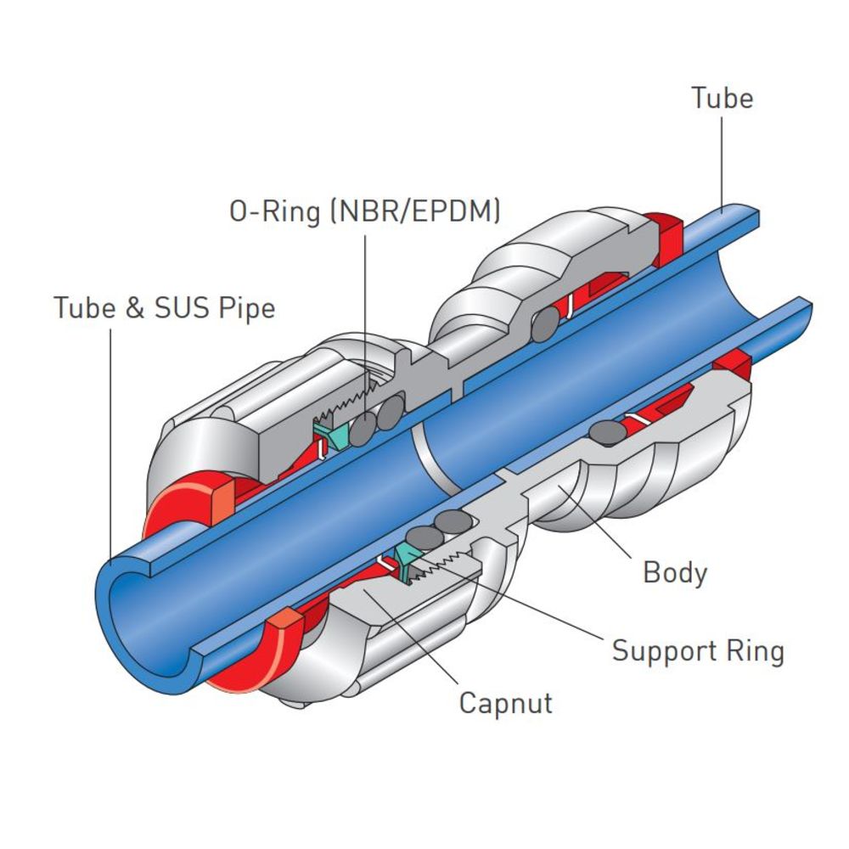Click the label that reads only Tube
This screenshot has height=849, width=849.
(x=722, y=98)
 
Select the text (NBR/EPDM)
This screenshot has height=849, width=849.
(x=413, y=211)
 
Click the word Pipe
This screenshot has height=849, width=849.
(x=247, y=307)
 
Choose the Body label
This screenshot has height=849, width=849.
(x=675, y=572)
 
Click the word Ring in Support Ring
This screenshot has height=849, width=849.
(x=756, y=651)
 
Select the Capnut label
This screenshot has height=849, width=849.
(x=505, y=703)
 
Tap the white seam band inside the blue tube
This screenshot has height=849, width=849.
(x=430, y=458)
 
